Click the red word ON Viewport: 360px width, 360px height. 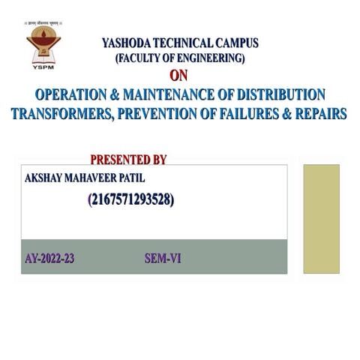[x=178, y=76]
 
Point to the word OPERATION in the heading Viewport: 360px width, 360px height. [x=73, y=95]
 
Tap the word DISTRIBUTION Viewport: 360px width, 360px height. [x=281, y=95]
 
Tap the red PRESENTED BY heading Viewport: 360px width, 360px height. [x=128, y=159]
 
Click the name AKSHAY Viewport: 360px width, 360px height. [x=46, y=178]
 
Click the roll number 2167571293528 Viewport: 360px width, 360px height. [x=131, y=199]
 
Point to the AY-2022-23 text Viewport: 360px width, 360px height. [x=49, y=259]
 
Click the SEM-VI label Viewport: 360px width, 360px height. [x=163, y=259]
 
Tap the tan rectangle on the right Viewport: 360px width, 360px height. [x=321, y=218]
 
